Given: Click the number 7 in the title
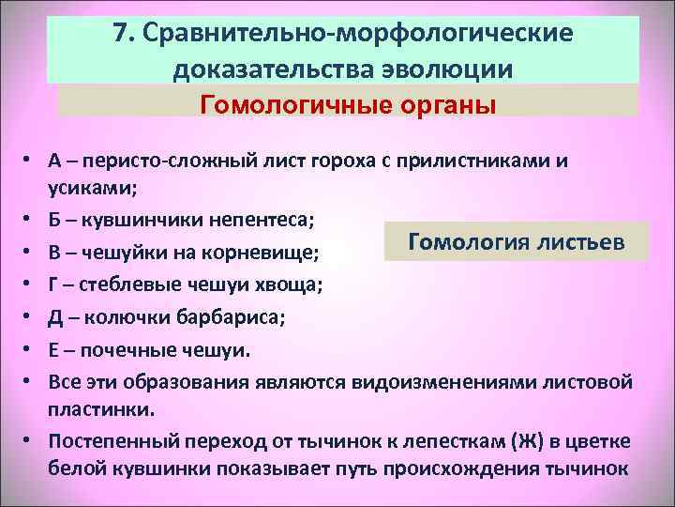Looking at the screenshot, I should click(120, 34).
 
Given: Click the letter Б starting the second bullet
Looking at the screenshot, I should click(55, 220).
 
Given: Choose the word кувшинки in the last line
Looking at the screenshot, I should click(144, 468).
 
